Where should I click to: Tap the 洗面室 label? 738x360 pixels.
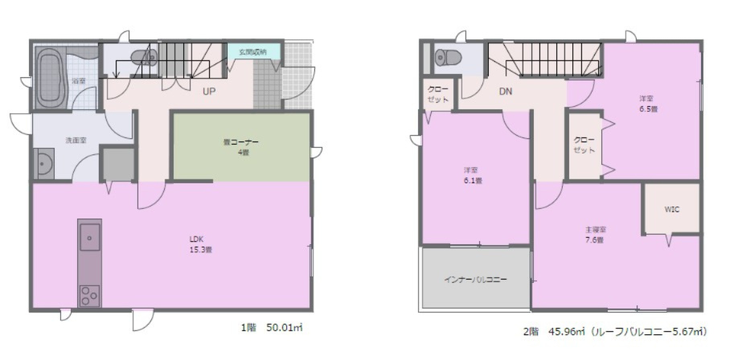[76, 140]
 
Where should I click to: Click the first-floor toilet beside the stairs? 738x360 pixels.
[143, 57]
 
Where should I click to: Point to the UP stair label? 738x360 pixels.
[208, 91]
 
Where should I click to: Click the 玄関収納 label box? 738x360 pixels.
[253, 51]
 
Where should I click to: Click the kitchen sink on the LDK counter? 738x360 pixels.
[89, 237]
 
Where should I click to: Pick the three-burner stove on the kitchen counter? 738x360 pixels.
[89, 295]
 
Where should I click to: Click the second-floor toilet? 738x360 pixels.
[448, 58]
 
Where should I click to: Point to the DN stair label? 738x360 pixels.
[505, 91]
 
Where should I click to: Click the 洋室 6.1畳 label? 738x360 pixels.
[473, 175]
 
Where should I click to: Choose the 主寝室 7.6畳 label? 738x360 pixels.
[594, 235]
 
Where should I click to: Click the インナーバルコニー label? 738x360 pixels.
[475, 280]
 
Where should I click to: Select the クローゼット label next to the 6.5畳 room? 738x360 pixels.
[584, 144]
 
